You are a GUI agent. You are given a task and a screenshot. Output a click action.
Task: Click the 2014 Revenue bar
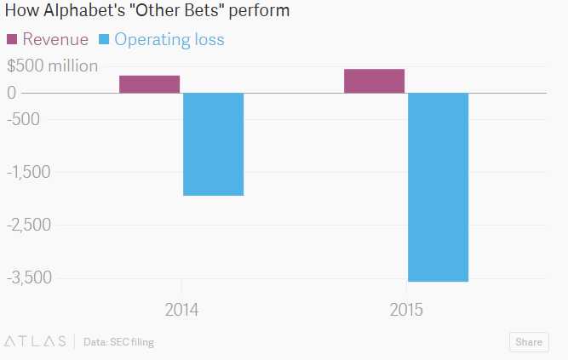149,84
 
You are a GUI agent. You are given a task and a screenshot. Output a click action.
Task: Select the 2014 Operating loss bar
214,144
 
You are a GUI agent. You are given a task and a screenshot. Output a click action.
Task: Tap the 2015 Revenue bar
374,81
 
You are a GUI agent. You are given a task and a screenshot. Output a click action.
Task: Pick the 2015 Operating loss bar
439,186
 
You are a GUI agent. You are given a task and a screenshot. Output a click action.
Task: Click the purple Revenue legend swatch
12,40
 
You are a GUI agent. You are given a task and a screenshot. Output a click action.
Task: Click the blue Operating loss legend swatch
106,40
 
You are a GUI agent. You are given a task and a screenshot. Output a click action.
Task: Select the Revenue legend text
55,40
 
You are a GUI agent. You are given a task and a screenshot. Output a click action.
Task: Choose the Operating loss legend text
169,40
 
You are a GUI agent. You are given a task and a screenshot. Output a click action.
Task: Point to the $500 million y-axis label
52,66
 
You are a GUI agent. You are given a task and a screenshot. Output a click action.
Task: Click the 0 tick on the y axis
11,92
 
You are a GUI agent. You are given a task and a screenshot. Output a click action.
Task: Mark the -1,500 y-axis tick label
29,172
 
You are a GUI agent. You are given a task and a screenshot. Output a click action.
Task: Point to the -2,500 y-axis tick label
30,225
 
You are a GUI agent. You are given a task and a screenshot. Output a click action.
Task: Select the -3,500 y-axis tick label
30,277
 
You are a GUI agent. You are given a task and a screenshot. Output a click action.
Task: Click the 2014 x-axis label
181,310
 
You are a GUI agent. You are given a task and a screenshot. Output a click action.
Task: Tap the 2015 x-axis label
406,310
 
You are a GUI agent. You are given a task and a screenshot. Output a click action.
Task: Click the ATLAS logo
36,342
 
